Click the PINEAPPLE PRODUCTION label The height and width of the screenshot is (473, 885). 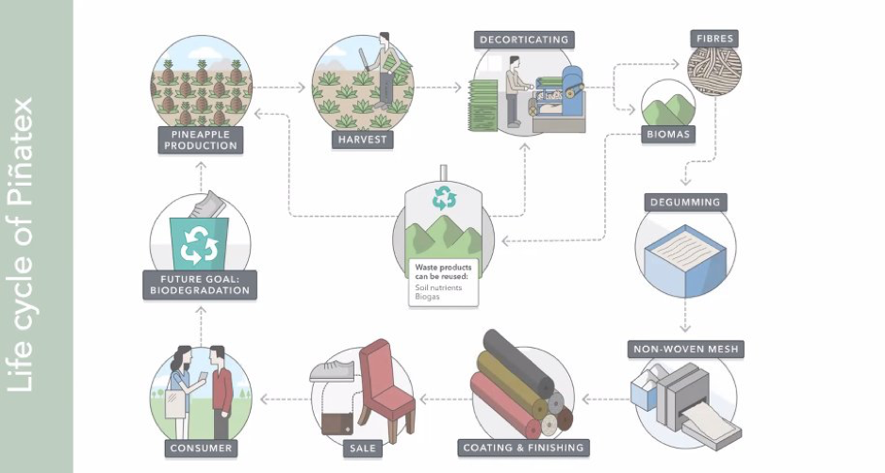click(200, 139)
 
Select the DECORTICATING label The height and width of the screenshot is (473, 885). click(524, 40)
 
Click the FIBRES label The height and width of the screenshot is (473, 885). click(714, 40)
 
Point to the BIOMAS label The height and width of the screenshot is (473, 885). click(668, 134)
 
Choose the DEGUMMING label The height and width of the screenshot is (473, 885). click(685, 202)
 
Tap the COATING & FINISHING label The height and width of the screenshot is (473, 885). click(523, 447)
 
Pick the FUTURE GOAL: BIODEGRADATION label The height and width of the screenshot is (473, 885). click(200, 284)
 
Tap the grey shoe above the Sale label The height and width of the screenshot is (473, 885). click(331, 368)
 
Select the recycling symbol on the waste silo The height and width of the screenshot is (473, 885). click(443, 197)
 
